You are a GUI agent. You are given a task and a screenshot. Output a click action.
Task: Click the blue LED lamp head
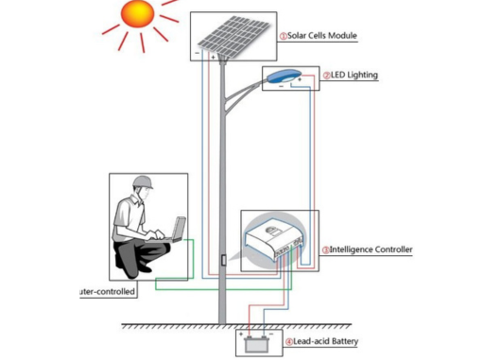(282, 77)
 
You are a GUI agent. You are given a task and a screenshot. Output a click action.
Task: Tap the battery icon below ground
(256, 344)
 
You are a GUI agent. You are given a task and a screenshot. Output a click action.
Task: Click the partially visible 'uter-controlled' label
(107, 291)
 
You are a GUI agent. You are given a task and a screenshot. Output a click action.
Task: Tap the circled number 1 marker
(283, 36)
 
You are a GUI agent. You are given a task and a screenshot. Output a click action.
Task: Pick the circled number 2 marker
(327, 76)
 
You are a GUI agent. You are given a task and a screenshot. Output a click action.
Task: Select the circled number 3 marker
(326, 250)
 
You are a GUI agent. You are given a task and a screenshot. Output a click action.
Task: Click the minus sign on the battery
(270, 334)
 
